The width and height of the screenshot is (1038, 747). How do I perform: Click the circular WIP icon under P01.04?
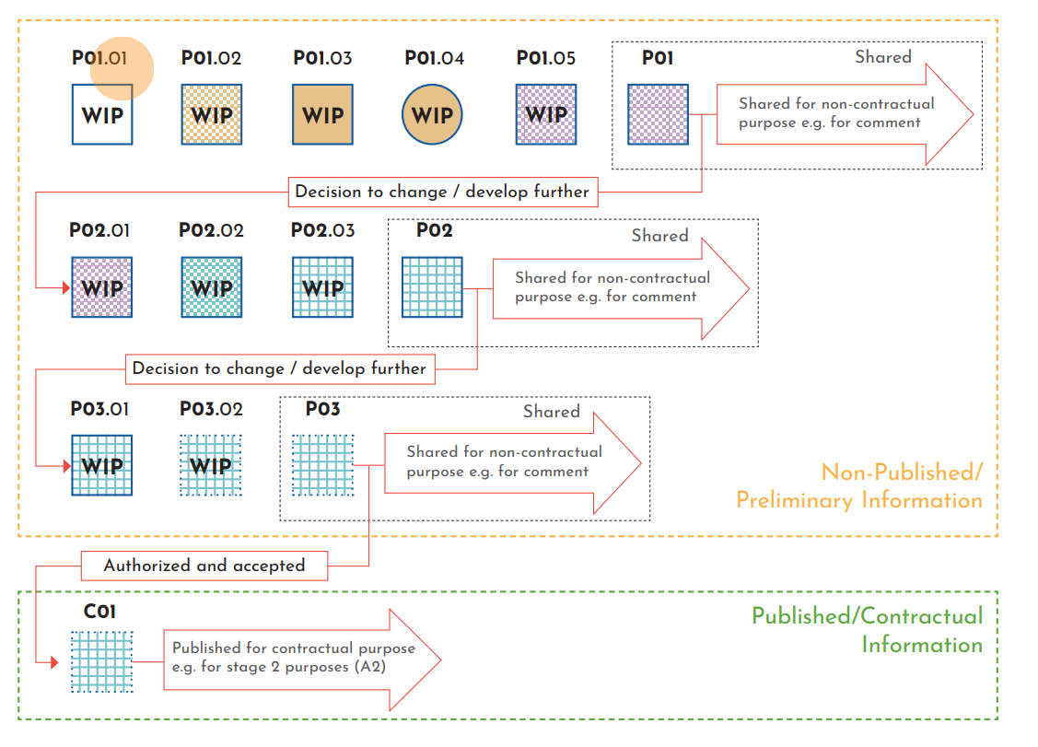[432, 114]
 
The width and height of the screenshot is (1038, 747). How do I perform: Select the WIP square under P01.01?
[102, 114]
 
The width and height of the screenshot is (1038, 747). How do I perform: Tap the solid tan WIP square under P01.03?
[323, 114]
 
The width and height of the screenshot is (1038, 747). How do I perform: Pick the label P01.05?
[546, 58]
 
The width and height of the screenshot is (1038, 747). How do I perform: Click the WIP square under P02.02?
[212, 287]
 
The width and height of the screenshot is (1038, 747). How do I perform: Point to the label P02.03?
[323, 230]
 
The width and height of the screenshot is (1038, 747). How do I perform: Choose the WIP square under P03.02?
[211, 465]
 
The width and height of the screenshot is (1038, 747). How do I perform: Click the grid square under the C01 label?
[102, 661]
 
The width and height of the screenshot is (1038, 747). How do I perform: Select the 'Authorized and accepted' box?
[204, 566]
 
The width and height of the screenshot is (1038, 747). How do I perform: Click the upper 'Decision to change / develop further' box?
[443, 193]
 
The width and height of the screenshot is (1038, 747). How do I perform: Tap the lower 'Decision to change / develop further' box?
[280, 368]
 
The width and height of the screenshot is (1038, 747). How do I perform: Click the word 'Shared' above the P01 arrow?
[883, 57]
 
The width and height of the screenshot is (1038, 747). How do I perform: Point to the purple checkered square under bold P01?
[658, 114]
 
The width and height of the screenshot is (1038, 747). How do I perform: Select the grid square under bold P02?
[432, 287]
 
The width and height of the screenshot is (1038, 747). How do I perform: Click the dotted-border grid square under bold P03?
[323, 465]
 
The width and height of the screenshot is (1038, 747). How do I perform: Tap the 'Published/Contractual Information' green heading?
[868, 630]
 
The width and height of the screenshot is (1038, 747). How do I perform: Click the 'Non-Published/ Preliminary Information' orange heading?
[859, 486]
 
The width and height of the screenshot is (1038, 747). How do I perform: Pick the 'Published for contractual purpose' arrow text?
[294, 657]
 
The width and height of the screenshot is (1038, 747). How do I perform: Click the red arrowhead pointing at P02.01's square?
[66, 287]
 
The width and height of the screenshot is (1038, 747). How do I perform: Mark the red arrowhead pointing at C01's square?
[55, 661]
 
